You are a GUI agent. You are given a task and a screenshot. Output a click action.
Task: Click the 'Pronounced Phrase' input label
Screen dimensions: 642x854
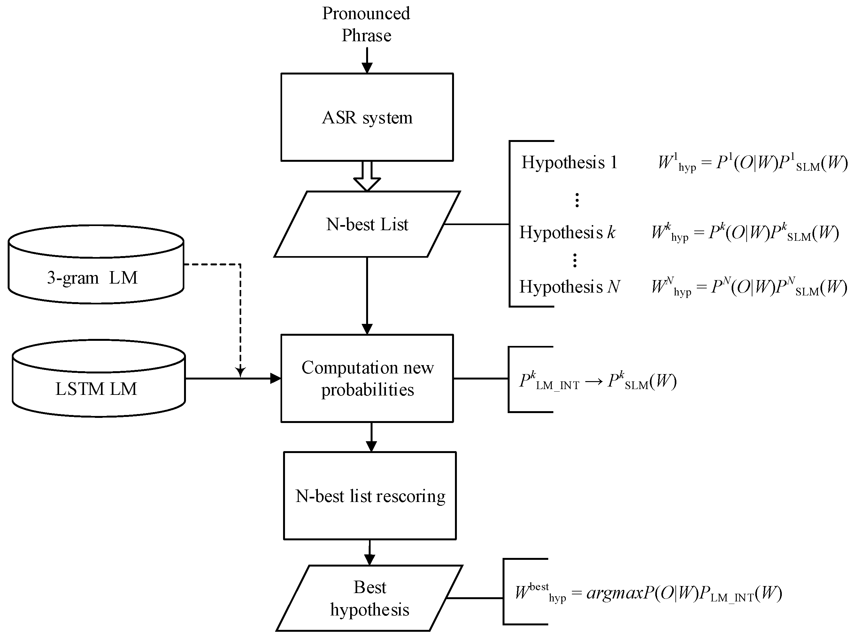pyautogui.click(x=366, y=24)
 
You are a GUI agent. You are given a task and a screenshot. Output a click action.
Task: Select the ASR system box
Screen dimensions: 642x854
pyautogui.click(x=367, y=117)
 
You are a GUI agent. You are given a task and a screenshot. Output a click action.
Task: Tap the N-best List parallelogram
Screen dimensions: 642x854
pyautogui.click(x=367, y=224)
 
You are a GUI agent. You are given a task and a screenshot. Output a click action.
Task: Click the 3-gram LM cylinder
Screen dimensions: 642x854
pyautogui.click(x=96, y=270)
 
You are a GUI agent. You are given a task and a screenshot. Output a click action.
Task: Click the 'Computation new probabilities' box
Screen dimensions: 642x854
pyautogui.click(x=367, y=378)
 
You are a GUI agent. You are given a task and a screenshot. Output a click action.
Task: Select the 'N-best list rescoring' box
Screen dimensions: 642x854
pyautogui.click(x=370, y=496)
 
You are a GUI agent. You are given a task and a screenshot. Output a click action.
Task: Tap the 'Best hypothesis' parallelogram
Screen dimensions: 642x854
pyautogui.click(x=369, y=598)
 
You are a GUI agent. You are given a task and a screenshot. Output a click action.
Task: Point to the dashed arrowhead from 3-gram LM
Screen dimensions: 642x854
pyautogui.click(x=240, y=372)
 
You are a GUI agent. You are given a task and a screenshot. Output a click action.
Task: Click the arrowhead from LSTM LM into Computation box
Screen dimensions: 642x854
pyautogui.click(x=275, y=378)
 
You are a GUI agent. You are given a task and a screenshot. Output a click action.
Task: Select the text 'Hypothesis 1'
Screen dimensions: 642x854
pyautogui.click(x=569, y=162)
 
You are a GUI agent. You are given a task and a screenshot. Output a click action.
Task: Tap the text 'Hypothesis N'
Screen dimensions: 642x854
pyautogui.click(x=569, y=286)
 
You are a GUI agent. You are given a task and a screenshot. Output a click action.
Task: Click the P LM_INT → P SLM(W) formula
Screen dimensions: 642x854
pyautogui.click(x=598, y=381)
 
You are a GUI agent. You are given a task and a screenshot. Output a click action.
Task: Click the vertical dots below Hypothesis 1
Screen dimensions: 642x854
pyautogui.click(x=577, y=200)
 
